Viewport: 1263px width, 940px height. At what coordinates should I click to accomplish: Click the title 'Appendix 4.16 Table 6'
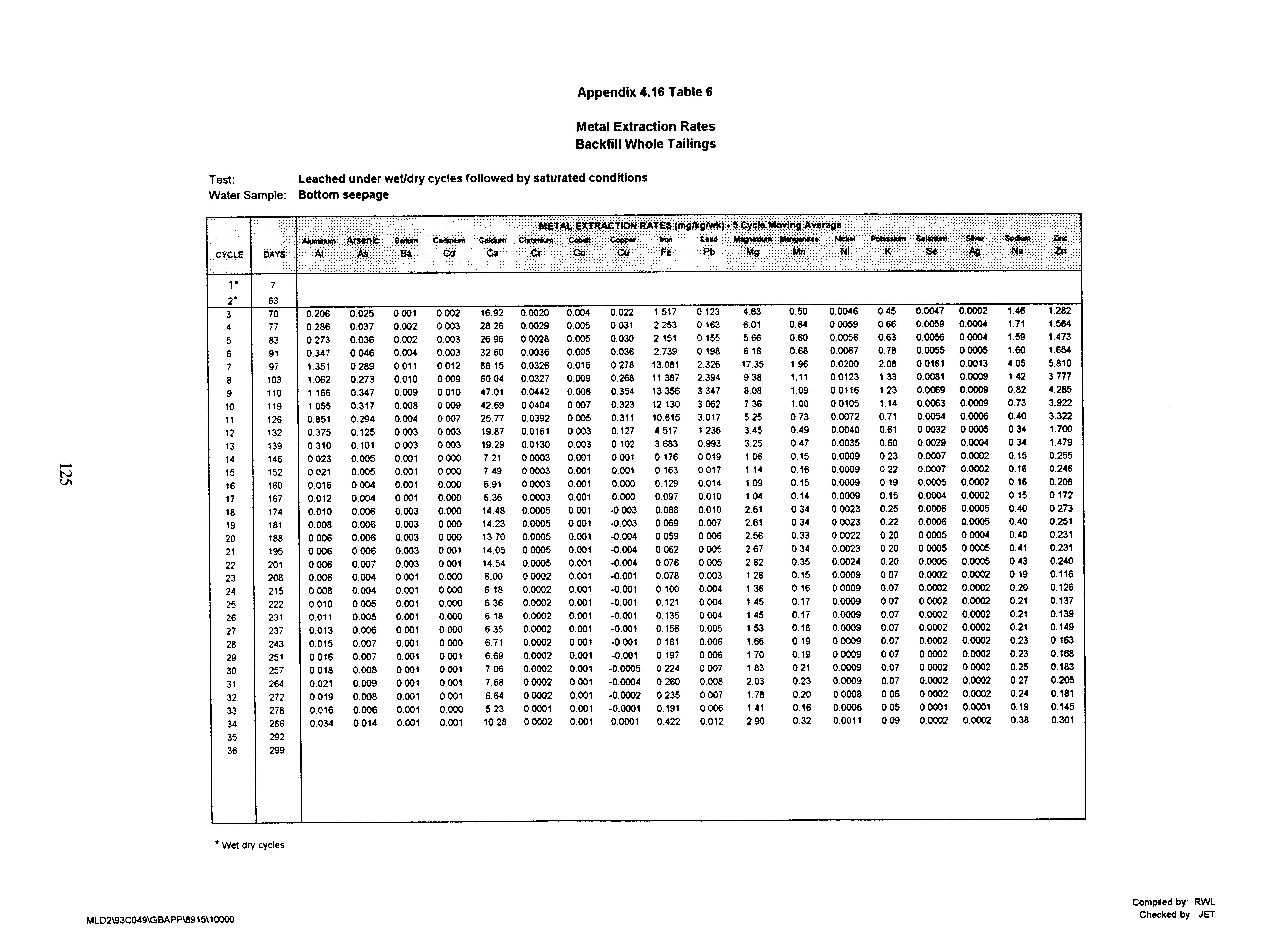point(645,92)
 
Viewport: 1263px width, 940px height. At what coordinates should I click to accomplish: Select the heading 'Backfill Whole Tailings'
point(645,144)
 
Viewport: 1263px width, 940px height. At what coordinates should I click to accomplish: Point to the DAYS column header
point(274,254)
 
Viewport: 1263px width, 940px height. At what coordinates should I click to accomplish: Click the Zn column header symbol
point(1060,250)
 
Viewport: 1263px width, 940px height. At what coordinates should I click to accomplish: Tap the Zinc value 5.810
point(1059,363)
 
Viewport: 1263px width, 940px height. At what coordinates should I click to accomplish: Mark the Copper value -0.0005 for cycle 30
point(625,668)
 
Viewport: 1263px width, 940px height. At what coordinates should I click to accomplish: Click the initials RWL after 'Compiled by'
point(1204,902)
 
